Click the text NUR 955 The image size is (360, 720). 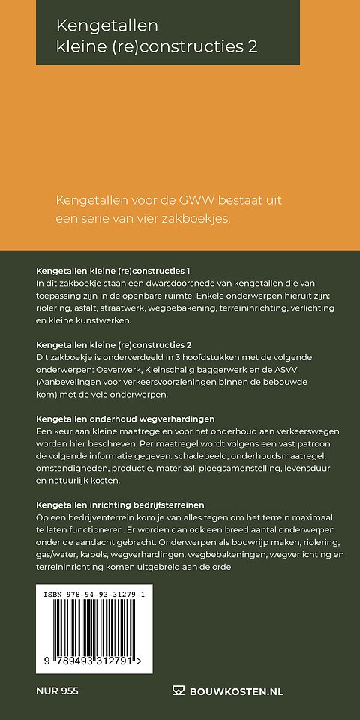click(57, 691)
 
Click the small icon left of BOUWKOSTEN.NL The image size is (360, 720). click(178, 691)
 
